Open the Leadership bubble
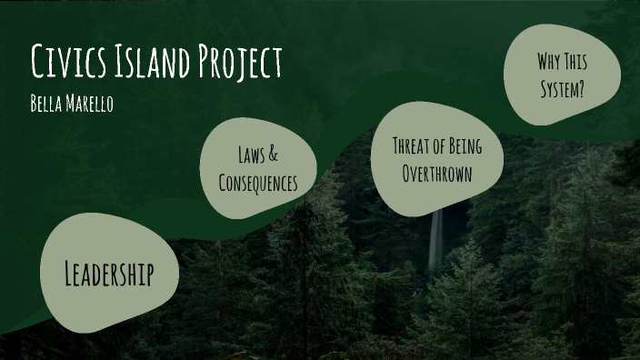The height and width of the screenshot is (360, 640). [x=109, y=273]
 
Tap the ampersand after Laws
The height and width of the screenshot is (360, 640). [x=274, y=155]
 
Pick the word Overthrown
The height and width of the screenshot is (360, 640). [x=437, y=173]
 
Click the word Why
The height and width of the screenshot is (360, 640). [x=549, y=62]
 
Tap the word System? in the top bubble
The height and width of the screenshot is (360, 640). [x=563, y=89]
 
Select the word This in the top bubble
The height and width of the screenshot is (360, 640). [x=576, y=62]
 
